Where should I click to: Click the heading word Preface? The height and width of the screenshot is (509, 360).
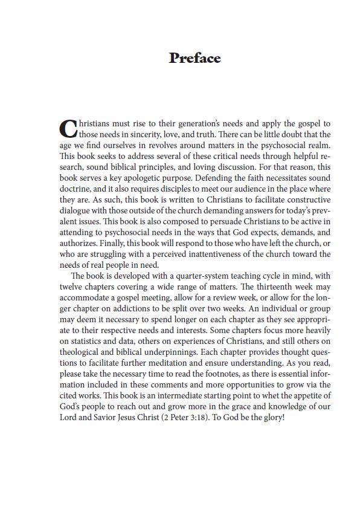point(194,59)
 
